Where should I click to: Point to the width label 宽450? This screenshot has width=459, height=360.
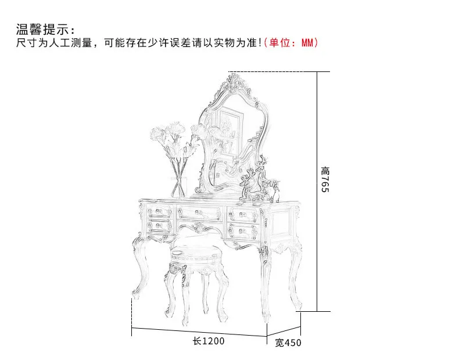click(288, 343)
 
